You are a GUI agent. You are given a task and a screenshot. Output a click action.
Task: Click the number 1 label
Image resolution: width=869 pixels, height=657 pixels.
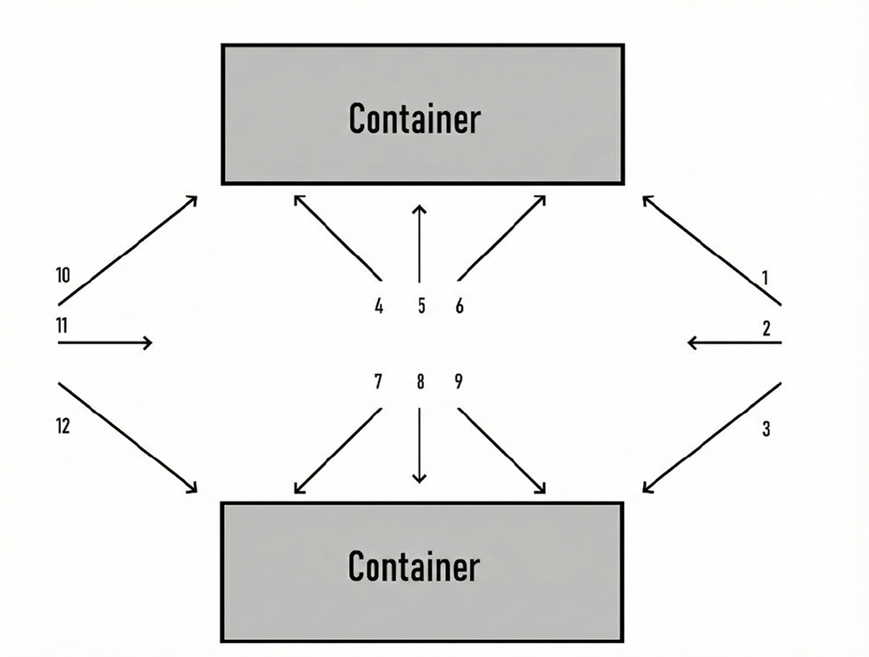click(x=765, y=278)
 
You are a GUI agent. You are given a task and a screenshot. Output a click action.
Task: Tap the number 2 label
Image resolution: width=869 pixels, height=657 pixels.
click(x=766, y=328)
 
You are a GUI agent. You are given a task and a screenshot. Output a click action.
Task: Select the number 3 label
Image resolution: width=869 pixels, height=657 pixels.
click(x=766, y=428)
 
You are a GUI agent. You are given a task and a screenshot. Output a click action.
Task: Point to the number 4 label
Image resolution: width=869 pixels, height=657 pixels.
click(x=379, y=307)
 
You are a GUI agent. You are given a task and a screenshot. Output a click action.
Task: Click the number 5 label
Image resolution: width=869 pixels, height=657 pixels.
click(x=421, y=307)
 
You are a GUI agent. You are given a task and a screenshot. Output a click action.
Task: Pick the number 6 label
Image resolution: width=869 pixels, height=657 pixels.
click(x=460, y=307)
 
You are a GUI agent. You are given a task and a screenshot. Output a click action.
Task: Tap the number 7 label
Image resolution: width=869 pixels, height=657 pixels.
click(x=379, y=382)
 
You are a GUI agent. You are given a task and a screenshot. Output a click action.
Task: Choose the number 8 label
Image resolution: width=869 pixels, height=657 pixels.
click(x=421, y=382)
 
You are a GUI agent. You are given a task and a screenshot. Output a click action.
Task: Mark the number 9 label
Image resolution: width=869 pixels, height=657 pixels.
click(x=459, y=382)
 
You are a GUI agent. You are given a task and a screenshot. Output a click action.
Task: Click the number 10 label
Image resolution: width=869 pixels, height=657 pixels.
click(x=62, y=276)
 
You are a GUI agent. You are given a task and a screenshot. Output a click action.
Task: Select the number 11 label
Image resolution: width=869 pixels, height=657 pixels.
click(x=62, y=327)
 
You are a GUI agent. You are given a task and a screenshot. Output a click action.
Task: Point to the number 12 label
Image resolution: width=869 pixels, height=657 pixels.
click(x=62, y=426)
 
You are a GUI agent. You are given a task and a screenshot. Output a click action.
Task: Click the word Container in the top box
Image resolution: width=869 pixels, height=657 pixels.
click(x=414, y=117)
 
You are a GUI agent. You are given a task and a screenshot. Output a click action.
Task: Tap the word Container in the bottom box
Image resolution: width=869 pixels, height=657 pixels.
click(x=414, y=567)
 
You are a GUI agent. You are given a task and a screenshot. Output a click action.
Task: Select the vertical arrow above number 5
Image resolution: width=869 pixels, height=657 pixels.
click(x=420, y=243)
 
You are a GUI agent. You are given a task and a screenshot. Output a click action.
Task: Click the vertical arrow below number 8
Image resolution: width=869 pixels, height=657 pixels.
click(x=420, y=445)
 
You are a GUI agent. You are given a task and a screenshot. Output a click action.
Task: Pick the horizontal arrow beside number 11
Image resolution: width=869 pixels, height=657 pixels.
click(x=104, y=343)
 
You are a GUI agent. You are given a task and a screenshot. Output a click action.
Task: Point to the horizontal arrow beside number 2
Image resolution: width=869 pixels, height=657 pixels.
click(x=734, y=343)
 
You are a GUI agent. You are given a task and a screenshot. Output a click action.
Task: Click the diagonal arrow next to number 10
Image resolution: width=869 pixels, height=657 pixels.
click(x=128, y=250)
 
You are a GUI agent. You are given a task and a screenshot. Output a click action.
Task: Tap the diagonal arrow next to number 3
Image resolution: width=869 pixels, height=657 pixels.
click(x=713, y=437)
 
